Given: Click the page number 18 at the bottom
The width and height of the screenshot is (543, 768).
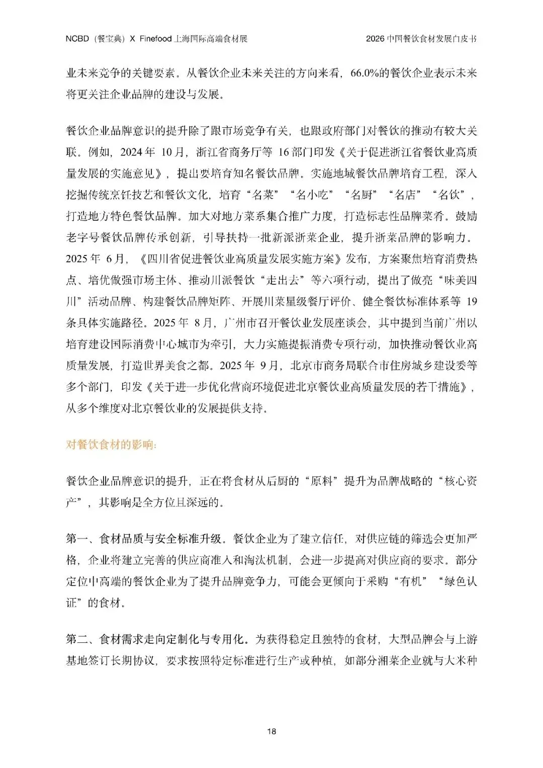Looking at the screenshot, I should (271, 731).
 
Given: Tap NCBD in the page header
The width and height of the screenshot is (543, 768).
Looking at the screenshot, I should (77, 39).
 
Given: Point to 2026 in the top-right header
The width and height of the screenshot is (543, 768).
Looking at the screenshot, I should (375, 39).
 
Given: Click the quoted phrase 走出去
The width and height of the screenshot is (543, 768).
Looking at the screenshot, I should (282, 280).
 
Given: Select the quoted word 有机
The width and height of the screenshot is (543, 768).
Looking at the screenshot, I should (414, 581).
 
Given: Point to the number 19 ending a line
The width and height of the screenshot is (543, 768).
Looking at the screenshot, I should (471, 302).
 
